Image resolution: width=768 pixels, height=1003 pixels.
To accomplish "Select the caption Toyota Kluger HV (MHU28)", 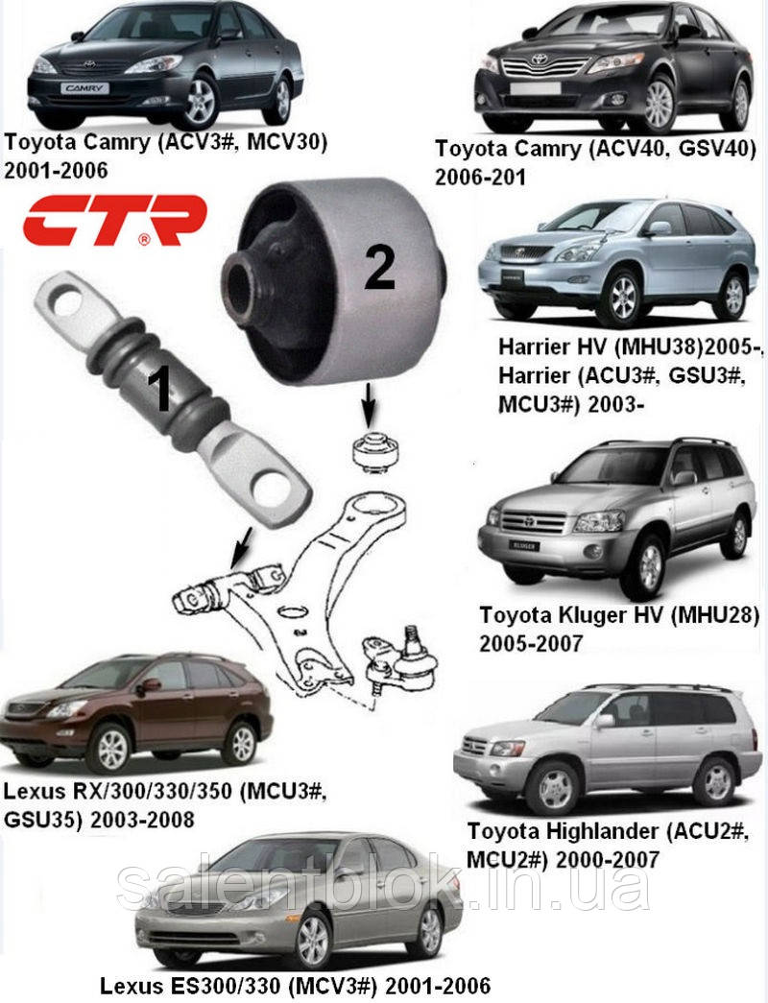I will pyautogui.click(x=619, y=613).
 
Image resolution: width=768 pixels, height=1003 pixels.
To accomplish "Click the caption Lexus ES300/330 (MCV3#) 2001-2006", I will pyautogui.click(x=296, y=986).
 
